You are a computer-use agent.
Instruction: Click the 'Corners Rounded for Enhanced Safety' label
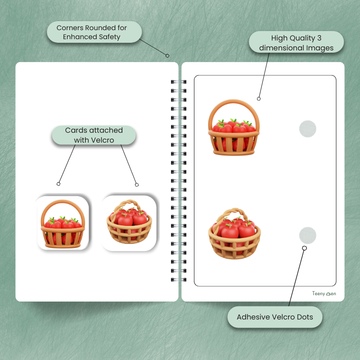click(x=94, y=32)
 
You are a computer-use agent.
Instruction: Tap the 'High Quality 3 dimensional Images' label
click(x=296, y=42)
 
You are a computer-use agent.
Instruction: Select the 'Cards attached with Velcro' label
click(x=94, y=135)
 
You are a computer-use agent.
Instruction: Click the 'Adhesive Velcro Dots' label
click(x=275, y=317)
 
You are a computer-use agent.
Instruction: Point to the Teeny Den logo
click(x=324, y=293)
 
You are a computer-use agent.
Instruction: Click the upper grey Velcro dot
click(x=308, y=129)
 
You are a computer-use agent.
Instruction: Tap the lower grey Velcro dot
click(x=308, y=235)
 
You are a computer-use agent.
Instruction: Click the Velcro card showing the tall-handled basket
click(x=63, y=223)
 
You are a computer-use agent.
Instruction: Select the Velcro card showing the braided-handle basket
click(x=129, y=223)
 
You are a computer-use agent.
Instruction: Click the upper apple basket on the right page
click(x=234, y=127)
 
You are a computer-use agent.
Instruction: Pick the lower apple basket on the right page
click(x=234, y=234)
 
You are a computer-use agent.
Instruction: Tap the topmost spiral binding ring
click(x=179, y=82)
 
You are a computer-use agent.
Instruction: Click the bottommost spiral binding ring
click(x=179, y=279)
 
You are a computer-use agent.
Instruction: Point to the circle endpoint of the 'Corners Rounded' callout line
click(x=167, y=55)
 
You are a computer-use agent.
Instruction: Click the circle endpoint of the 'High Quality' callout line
click(x=259, y=99)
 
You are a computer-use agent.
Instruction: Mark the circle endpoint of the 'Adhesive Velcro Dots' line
click(x=305, y=248)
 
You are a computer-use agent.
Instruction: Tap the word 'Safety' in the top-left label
click(x=109, y=37)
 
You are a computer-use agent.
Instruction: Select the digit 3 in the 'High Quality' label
click(x=319, y=38)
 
